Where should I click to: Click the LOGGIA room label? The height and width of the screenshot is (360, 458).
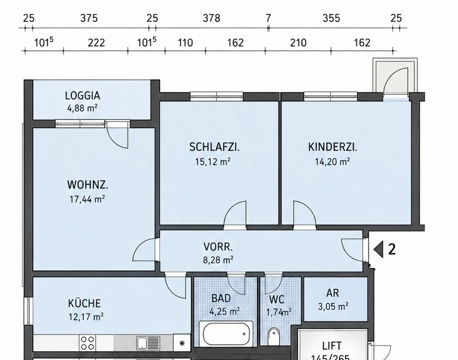[83, 95]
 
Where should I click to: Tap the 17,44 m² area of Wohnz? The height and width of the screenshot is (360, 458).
[87, 199]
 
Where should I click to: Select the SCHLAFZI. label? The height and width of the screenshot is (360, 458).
[214, 147]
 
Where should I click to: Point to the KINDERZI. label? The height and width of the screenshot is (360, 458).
[332, 147]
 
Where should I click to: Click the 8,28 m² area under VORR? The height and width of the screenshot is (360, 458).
[218, 260]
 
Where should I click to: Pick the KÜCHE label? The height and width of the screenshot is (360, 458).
[85, 303]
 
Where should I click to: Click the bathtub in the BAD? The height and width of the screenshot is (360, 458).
[226, 334]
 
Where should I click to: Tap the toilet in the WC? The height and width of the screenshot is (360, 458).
[273, 336]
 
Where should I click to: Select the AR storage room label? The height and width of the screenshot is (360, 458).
[332, 293]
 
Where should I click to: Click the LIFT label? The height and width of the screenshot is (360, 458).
[332, 346]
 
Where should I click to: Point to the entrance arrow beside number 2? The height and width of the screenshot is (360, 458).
[378, 249]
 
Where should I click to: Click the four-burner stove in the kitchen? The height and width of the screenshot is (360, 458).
[87, 343]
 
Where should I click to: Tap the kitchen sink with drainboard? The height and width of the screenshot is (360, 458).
[148, 343]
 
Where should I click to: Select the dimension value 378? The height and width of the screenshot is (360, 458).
[211, 18]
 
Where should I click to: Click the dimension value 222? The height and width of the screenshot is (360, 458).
[96, 43]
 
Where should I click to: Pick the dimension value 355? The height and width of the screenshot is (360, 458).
[331, 18]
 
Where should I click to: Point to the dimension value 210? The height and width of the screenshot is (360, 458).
[298, 43]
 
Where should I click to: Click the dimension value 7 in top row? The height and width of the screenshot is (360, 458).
[268, 18]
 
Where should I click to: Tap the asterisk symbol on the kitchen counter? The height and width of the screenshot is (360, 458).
[182, 343]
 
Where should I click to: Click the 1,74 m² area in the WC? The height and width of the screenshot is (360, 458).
[279, 312]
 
